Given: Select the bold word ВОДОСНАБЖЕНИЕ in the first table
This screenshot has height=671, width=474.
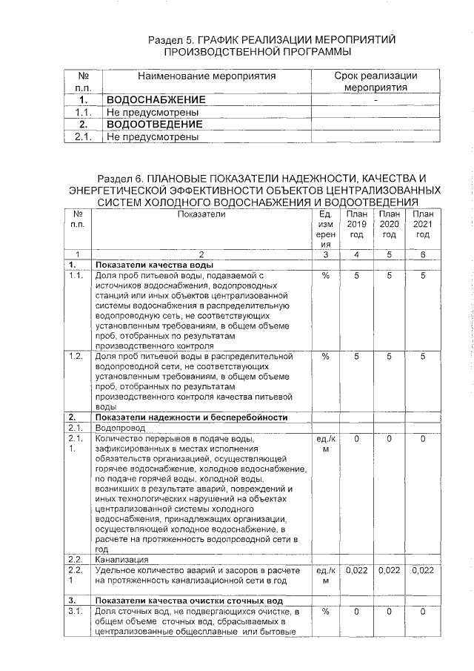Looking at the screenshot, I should (156, 99).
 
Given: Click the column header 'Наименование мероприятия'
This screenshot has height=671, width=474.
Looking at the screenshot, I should (207, 76).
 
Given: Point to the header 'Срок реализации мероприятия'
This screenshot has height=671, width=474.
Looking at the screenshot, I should (375, 82).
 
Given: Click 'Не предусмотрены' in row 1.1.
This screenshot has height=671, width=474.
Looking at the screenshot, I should (153, 112).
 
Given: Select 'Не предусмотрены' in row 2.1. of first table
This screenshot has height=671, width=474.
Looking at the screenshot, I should (153, 136).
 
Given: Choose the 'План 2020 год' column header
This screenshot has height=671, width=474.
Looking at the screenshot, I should (390, 225).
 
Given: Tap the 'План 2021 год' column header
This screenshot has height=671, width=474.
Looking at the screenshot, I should (423, 225).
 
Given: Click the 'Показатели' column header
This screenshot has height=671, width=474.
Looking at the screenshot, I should (201, 214).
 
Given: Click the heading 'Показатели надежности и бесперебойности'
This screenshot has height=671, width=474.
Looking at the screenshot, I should (191, 417).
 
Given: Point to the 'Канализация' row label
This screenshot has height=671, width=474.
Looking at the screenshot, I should (121, 559).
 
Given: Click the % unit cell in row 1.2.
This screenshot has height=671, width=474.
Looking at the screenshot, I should (325, 357).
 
